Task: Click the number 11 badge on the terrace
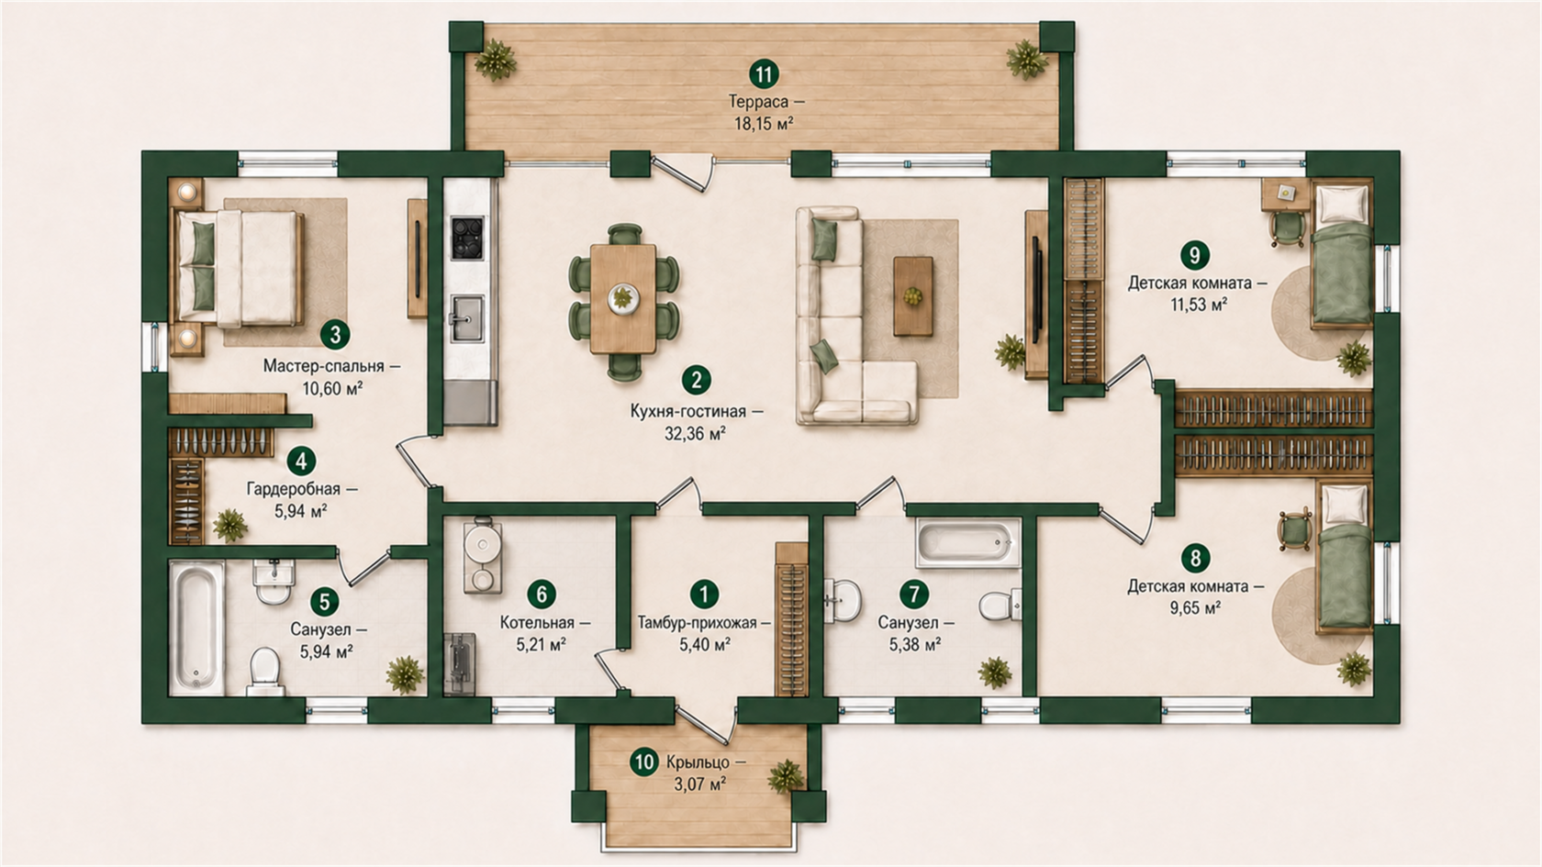(x=764, y=73)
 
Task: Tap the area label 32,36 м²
(x=696, y=434)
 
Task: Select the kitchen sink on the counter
(x=466, y=318)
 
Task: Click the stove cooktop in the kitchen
(x=466, y=238)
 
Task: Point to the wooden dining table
(x=623, y=299)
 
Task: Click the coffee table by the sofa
(x=912, y=295)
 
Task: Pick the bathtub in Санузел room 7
(x=967, y=543)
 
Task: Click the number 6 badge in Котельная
(x=542, y=594)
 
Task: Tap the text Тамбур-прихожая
(x=697, y=624)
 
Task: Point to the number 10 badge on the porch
(x=644, y=761)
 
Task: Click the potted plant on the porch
(x=786, y=777)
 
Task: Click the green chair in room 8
(x=1295, y=530)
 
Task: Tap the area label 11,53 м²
(x=1199, y=305)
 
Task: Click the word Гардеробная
(x=294, y=489)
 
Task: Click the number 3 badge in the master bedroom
(x=335, y=334)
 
